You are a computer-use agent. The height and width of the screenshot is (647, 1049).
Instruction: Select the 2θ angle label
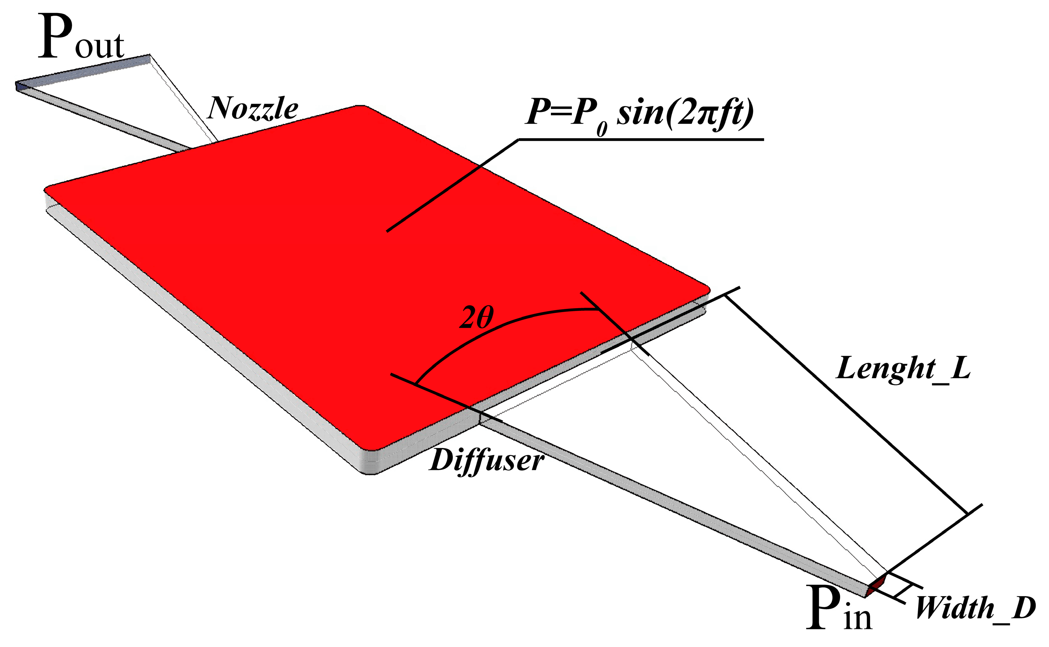(476, 318)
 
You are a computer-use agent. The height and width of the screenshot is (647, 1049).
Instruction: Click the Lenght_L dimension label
(903, 369)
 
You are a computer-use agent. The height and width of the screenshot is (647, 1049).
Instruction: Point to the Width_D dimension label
(975, 608)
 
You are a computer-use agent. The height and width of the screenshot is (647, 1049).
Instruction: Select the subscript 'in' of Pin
(858, 617)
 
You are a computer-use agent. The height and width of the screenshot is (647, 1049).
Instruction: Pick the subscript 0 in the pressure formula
(602, 128)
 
